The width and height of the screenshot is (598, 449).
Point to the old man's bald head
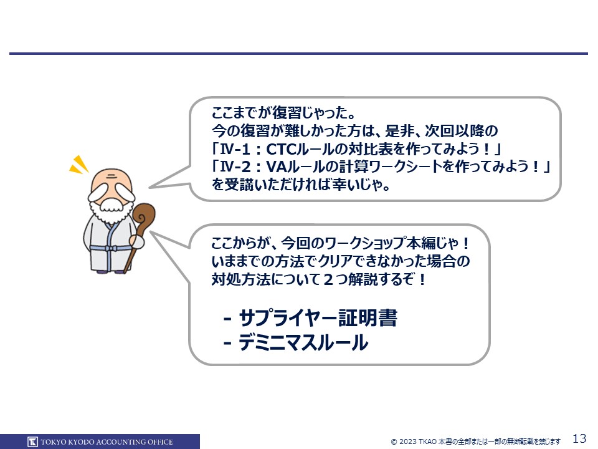tap(112, 180)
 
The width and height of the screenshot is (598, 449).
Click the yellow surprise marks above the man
tap(79, 165)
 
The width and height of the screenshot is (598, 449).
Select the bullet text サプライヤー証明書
tap(318, 317)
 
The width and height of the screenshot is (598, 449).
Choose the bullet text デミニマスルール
tap(303, 342)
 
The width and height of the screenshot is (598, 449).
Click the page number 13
tap(579, 438)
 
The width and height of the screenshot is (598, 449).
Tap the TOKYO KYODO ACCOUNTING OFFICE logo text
tap(107, 442)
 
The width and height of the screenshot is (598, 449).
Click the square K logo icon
tap(32, 442)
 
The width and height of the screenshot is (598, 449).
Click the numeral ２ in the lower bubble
tap(328, 279)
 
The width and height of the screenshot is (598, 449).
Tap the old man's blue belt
tap(111, 248)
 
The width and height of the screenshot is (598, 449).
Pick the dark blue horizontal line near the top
tap(298, 54)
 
